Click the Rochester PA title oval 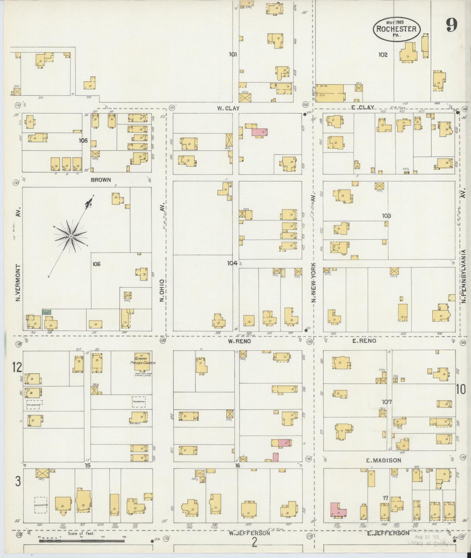point(396,28)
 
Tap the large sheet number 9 point(452,25)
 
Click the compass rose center point(70,236)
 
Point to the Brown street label point(101,180)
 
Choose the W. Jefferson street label point(249,533)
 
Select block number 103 point(387,216)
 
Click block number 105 point(83,141)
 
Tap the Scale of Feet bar point(81,541)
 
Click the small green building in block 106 point(47,312)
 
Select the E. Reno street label point(364,341)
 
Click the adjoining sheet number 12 point(17,368)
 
